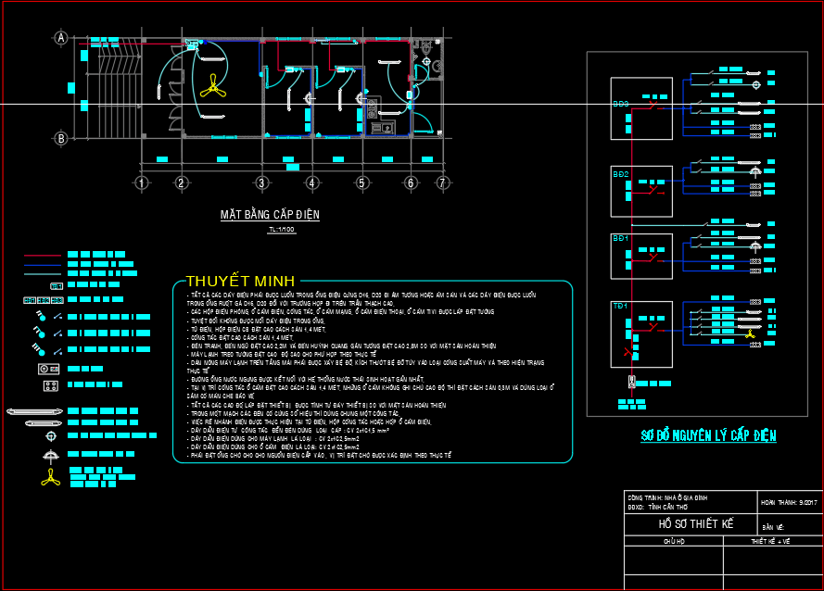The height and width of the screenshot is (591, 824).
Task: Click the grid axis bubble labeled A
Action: (61, 38)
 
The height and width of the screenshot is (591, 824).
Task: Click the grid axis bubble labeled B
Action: (61, 139)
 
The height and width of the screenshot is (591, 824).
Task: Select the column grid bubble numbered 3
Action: (262, 182)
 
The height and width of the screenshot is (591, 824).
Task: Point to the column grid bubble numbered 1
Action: (141, 182)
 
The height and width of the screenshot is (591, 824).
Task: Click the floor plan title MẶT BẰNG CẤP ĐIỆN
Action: (269, 215)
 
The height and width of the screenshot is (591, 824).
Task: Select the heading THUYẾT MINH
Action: (239, 281)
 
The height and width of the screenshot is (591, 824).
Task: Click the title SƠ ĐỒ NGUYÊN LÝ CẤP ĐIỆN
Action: (709, 435)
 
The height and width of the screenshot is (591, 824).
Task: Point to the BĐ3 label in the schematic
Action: (620, 105)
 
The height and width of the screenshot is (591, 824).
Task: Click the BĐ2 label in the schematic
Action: (620, 174)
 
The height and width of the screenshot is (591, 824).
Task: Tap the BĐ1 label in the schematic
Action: (620, 239)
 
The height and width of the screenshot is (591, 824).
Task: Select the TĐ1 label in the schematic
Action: (620, 306)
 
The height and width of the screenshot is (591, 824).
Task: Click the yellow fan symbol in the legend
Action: (49, 476)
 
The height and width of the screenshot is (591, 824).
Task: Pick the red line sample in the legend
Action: (42, 254)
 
